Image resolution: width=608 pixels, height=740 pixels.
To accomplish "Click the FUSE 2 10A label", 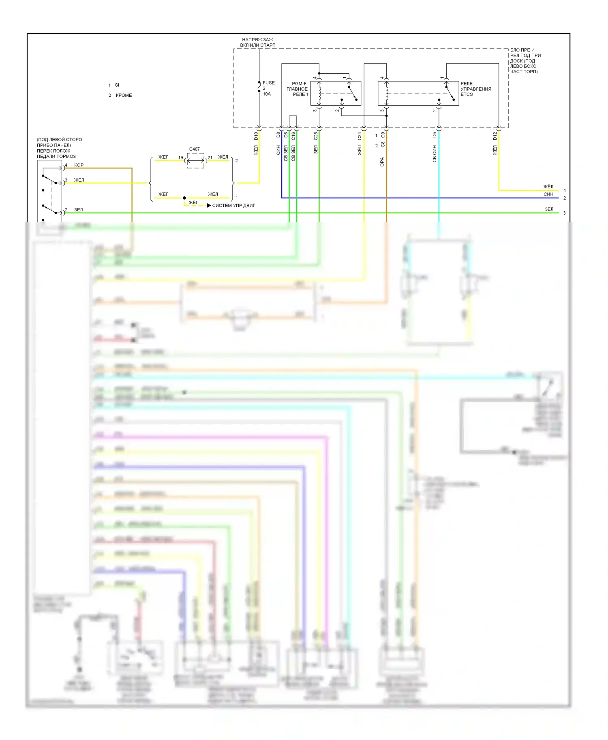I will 268,88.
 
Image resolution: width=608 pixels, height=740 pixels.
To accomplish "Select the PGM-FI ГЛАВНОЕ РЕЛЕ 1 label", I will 298,89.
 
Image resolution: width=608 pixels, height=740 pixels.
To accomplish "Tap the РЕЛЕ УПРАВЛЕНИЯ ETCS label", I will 475,89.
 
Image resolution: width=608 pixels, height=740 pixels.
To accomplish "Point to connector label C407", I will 195,149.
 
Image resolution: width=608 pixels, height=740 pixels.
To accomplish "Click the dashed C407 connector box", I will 196,161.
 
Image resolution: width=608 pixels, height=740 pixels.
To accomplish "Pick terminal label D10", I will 256,136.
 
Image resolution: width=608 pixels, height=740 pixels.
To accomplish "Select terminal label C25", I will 316,136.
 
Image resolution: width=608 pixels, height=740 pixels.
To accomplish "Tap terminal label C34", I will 359,136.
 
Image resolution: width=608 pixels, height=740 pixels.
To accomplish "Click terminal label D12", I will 495,136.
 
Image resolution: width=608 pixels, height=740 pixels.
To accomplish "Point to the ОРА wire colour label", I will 382,162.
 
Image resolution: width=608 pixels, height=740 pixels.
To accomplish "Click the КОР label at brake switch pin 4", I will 79,165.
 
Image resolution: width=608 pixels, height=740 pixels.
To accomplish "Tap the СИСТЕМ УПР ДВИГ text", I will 233,206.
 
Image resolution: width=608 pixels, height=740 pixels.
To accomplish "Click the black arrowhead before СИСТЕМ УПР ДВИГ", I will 209,206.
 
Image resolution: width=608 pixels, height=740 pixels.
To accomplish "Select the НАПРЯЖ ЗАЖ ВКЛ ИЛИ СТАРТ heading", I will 257,43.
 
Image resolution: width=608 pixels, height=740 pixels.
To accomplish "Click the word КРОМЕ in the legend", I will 124,96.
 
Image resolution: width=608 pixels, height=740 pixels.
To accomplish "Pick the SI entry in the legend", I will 117,85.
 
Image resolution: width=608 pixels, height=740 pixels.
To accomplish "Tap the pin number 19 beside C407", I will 181,157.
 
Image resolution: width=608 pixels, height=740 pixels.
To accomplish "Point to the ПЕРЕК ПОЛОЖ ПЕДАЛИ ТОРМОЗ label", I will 56,153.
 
